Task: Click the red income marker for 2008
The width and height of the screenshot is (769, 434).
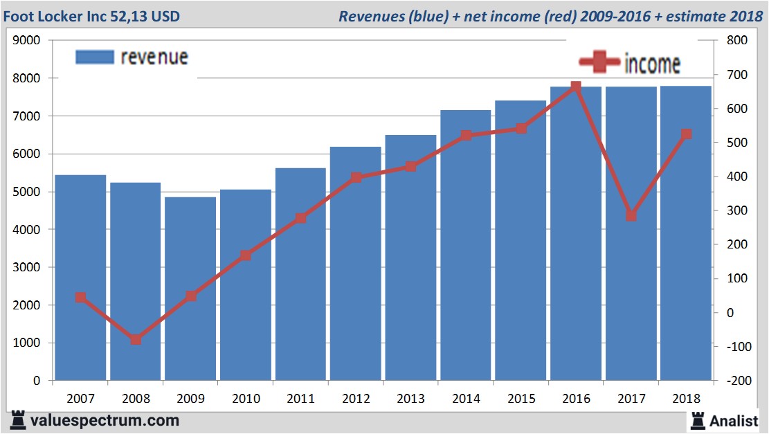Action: point(136,339)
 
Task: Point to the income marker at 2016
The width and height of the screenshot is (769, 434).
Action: point(576,87)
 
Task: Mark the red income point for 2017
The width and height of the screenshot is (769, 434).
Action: point(631,216)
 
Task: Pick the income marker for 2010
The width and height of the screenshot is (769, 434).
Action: point(246,255)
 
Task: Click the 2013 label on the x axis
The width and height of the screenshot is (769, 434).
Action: point(410,399)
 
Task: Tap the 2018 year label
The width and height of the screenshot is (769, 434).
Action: point(686,399)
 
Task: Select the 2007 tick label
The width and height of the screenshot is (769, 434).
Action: point(80,399)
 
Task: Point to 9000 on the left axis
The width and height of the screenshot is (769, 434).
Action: point(26,40)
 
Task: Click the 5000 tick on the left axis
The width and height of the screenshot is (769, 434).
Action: point(26,192)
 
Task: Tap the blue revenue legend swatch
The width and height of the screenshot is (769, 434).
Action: point(94,57)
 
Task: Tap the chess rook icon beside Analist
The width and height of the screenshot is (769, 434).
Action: point(697,419)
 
